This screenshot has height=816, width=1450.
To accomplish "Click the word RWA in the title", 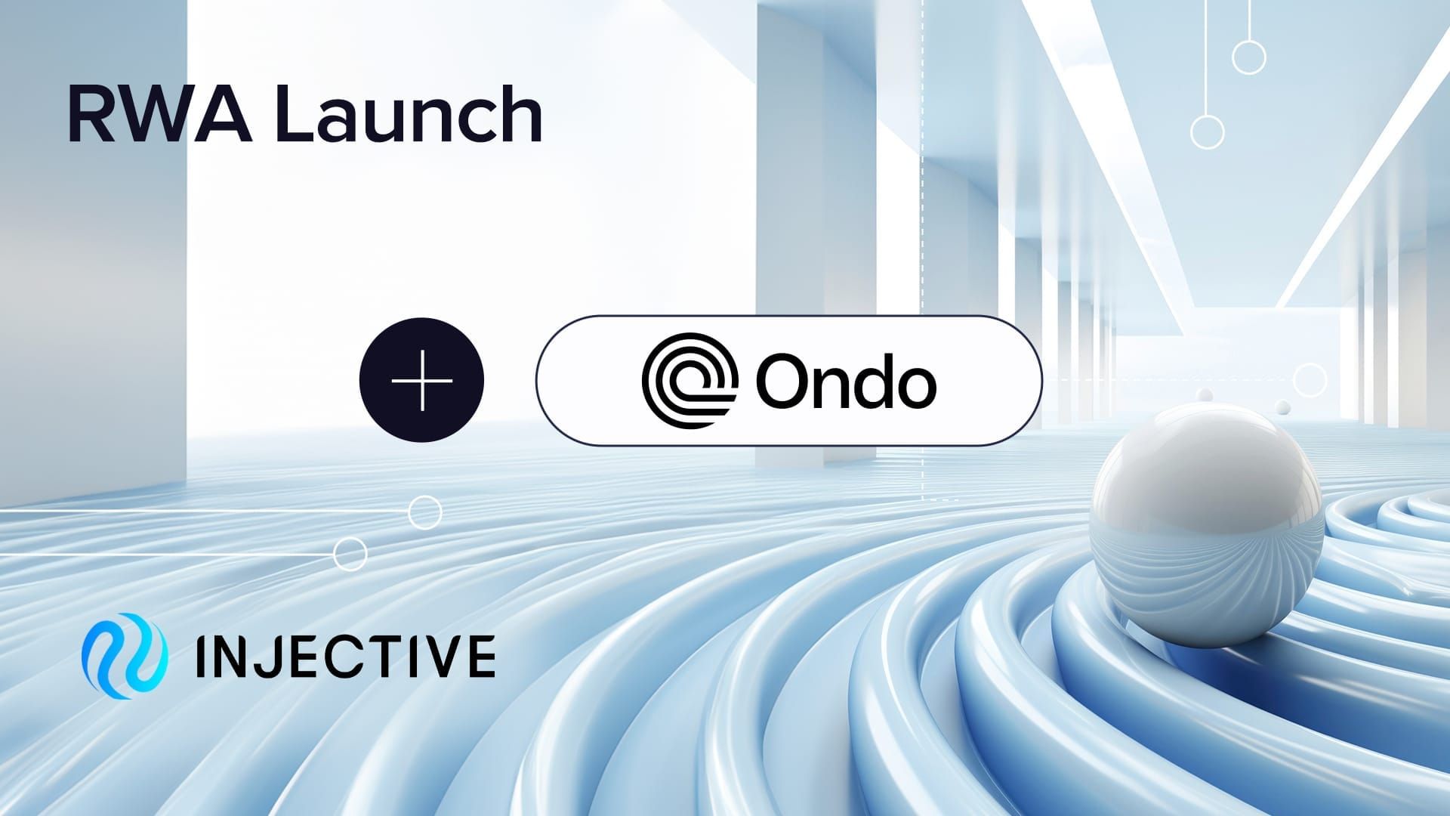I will point(159,115).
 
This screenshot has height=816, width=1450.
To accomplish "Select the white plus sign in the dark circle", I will point(422,380).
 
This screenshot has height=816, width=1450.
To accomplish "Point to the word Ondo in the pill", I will point(846,381).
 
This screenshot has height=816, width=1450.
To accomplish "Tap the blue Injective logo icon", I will point(123,655).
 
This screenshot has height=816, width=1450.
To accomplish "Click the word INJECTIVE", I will point(344,657).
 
